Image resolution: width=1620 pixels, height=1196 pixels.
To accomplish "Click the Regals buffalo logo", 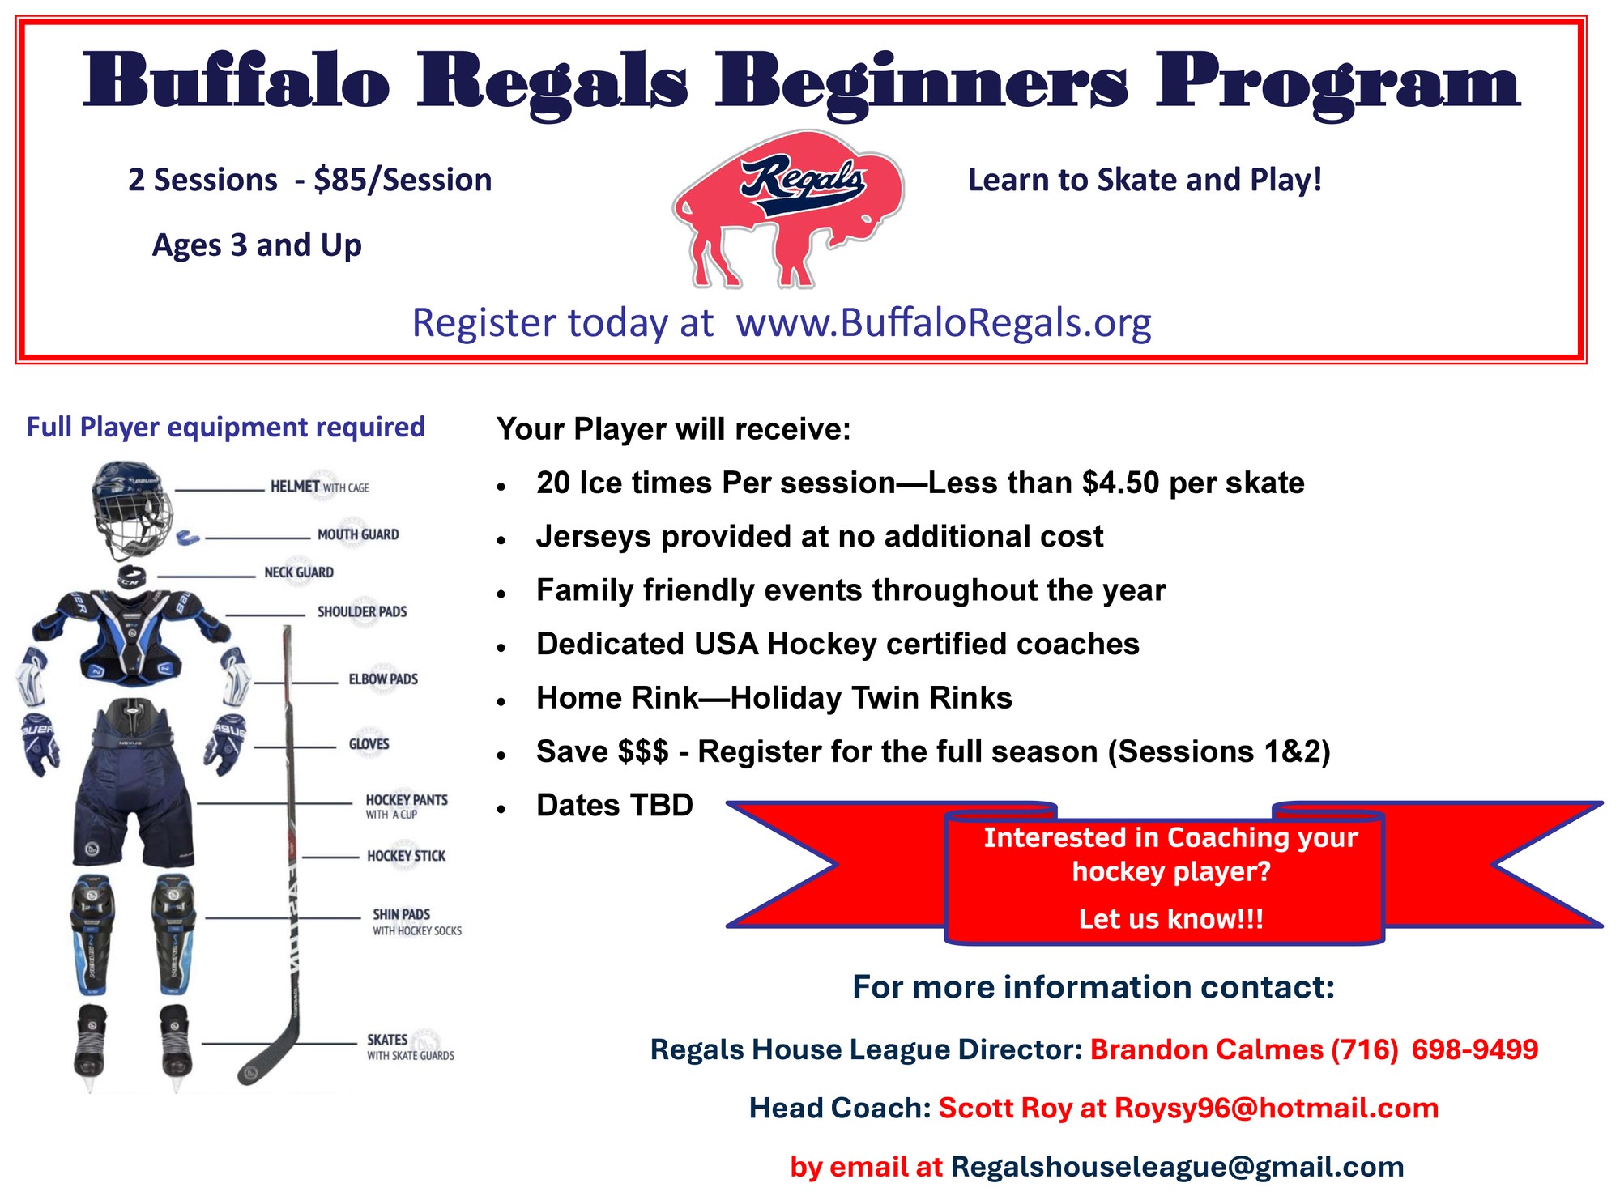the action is (787, 209).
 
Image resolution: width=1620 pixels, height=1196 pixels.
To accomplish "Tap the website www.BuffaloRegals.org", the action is (944, 323).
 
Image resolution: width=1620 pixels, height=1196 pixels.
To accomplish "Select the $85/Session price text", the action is (403, 181).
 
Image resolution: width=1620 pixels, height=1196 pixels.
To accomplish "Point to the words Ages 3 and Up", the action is (257, 245).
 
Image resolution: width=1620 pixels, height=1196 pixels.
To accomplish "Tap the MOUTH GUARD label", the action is (358, 534).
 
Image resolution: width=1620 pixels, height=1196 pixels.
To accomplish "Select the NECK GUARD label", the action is (299, 572).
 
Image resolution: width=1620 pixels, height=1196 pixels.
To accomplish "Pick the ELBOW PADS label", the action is (383, 679).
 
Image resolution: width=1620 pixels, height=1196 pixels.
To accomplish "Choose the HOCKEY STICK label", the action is (406, 856).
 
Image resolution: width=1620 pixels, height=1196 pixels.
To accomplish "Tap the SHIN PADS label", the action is (401, 914).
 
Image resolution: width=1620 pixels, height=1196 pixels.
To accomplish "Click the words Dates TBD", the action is (615, 806).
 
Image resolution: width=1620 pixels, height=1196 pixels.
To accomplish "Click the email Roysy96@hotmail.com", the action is (1277, 1109).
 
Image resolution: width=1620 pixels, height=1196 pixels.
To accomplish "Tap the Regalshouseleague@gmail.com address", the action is (1178, 1167).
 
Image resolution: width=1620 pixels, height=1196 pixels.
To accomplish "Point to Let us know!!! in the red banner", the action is (1170, 920).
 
